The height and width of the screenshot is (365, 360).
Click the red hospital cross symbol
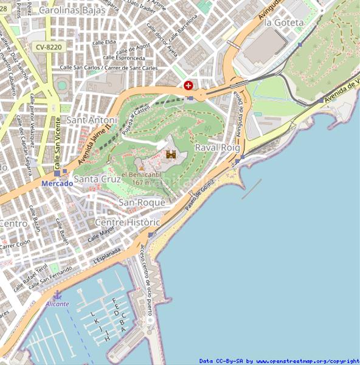pyautogui.click(x=189, y=86)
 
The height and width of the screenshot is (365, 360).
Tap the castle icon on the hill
pyautogui.click(x=171, y=155)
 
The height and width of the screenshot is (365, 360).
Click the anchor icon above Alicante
pyautogui.click(x=58, y=294)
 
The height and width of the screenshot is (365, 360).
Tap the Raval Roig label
pyautogui.click(x=217, y=148)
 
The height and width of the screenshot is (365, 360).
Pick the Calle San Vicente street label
pyautogui.click(x=57, y=147)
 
